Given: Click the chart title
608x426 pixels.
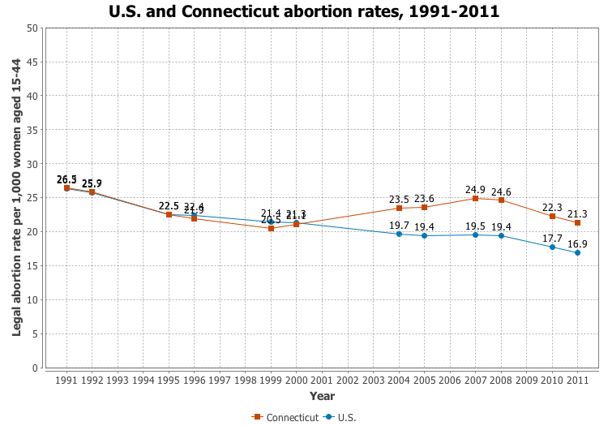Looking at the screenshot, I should pyautogui.click(x=304, y=12).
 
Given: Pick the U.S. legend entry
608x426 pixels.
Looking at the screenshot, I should pyautogui.click(x=340, y=417).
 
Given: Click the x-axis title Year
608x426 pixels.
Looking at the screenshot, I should pyautogui.click(x=322, y=396).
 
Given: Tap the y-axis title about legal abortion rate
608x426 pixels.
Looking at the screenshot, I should pyautogui.click(x=16, y=198).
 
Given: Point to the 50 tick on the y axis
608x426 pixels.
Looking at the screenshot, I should pyautogui.click(x=32, y=28).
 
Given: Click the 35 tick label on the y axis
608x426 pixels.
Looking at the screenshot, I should pyautogui.click(x=32, y=130).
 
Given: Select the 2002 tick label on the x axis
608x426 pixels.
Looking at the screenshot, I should pyautogui.click(x=348, y=379).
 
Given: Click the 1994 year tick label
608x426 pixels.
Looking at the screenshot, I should pyautogui.click(x=143, y=379).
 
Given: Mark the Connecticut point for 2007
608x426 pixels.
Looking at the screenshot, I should pyautogui.click(x=476, y=198).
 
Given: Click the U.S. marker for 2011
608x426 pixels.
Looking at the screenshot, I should pyautogui.click(x=578, y=252).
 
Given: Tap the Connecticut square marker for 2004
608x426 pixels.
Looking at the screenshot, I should pyautogui.click(x=399, y=208).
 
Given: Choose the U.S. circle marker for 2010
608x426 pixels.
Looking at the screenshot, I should pyautogui.click(x=552, y=247).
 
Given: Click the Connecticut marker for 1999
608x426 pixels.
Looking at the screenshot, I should pyautogui.click(x=272, y=228).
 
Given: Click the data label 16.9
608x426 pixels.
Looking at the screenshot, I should pyautogui.click(x=578, y=243).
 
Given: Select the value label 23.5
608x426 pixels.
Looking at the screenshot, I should pyautogui.click(x=399, y=199).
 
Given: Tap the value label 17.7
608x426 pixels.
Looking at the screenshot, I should pyautogui.click(x=552, y=238).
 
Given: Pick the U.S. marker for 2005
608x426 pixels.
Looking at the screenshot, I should pyautogui.click(x=425, y=235).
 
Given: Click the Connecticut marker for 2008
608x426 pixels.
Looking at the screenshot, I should pyautogui.click(x=501, y=200).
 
